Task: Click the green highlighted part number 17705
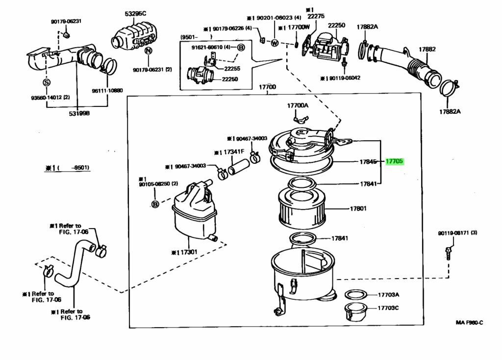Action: click(395, 161)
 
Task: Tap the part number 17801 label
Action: click(358, 208)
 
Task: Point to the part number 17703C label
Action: click(388, 308)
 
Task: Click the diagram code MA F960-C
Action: click(469, 322)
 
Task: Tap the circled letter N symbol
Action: click(149, 51)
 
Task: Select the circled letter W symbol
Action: click(275, 43)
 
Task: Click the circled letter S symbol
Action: click(47, 82)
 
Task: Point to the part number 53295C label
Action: click(135, 13)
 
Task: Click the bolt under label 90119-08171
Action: click(448, 252)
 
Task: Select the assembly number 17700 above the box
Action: click(267, 87)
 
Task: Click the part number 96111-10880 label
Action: click(108, 91)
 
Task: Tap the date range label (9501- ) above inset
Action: click(196, 37)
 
